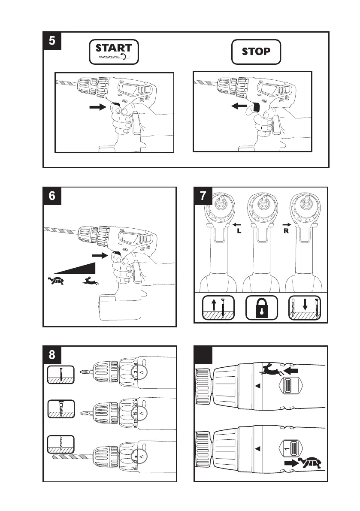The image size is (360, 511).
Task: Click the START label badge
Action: (115, 52)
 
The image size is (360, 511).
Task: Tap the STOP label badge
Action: (256, 52)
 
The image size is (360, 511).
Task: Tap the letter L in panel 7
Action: (240, 230)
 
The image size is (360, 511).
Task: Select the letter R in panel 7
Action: (285, 230)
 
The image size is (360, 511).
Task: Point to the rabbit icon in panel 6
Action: (91, 281)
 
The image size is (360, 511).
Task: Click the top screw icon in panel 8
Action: (60, 374)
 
